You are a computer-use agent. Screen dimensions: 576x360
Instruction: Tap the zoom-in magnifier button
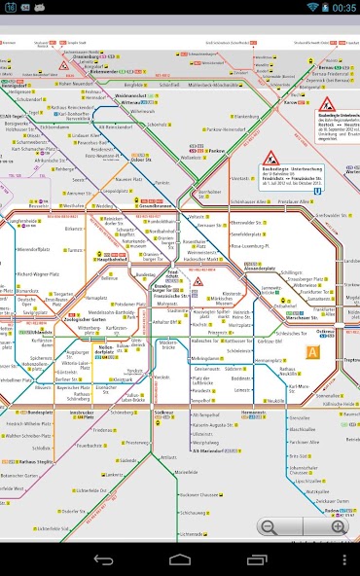pyautogui.click(x=338, y=526)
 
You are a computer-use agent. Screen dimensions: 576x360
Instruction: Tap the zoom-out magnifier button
pyautogui.click(x=269, y=526)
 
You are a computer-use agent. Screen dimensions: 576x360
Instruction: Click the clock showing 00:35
pyautogui.click(x=344, y=8)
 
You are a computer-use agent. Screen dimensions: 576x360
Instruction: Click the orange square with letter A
pyautogui.click(x=313, y=352)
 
